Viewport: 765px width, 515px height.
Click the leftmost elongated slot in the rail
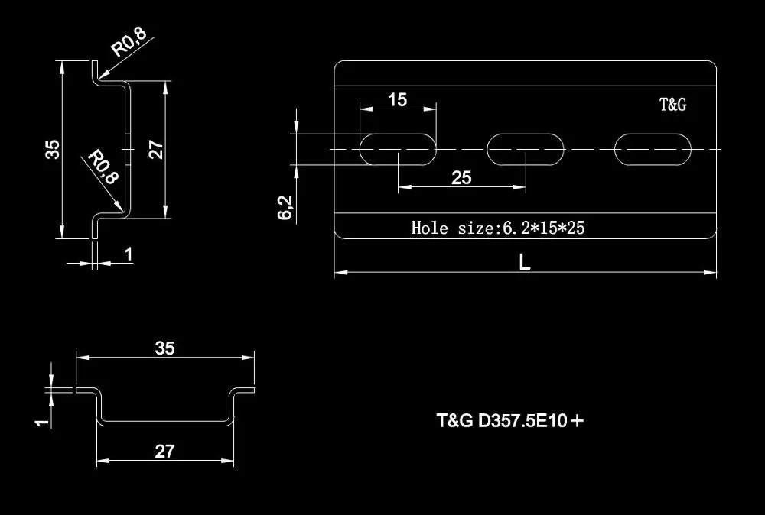coord(398,149)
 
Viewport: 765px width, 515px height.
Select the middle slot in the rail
coord(526,147)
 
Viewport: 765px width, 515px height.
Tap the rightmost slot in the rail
coord(653,147)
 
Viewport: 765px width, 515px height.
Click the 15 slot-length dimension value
coord(397,99)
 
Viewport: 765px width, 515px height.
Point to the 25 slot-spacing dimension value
coord(461,178)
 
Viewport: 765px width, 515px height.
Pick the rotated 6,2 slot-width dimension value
coord(285,207)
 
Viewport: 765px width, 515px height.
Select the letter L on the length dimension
coord(525,262)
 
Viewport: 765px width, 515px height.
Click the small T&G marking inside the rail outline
coord(673,105)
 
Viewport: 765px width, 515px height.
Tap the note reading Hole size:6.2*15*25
coord(498,227)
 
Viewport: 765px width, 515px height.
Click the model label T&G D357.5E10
coord(501,420)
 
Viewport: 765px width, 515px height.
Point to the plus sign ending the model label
coord(577,419)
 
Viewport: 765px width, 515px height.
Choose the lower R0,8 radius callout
coord(103,167)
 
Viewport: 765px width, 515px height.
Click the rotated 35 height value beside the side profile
coord(52,149)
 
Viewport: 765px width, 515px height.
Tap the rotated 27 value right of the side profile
coord(155,149)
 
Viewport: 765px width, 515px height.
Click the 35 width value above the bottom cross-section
coord(164,348)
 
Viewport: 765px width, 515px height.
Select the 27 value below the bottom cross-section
coord(164,452)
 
